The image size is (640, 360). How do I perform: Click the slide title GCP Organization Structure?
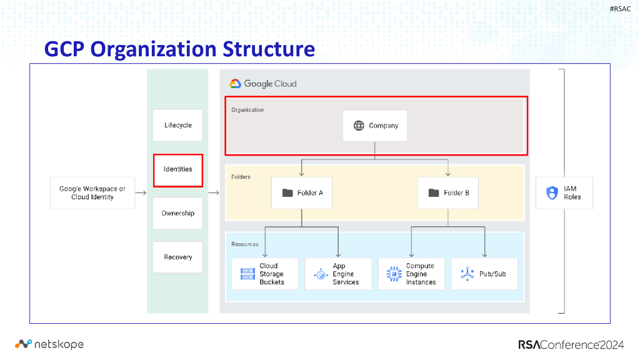coord(179,49)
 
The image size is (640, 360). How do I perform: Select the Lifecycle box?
coord(178,125)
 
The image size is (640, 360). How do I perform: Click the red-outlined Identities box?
coord(178,169)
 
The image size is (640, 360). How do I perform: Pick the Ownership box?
coord(178,213)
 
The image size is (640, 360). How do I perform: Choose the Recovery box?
coord(178,257)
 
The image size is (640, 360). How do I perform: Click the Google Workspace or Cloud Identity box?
coord(92,192)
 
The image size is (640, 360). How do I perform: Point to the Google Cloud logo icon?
coord(235,84)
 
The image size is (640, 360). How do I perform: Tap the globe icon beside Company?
coord(359,126)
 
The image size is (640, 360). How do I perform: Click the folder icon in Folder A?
coord(287,192)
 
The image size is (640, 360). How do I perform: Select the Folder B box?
coord(448,192)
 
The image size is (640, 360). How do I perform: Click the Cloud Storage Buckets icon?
coord(247,274)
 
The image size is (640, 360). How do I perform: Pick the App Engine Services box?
coord(337,274)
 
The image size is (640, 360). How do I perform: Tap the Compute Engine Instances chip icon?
coord(394,274)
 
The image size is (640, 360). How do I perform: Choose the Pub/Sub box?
coord(484,274)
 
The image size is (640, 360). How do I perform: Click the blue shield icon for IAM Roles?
coord(552,192)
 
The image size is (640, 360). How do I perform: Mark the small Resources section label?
coord(245,244)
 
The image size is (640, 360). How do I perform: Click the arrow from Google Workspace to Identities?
coord(141,192)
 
